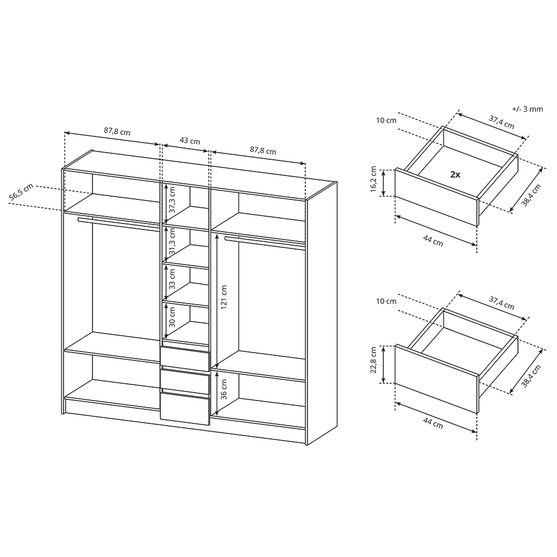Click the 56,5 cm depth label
(21, 192)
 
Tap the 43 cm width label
(190, 141)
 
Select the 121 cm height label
(223, 297)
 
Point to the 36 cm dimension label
(223, 389)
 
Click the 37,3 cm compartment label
(172, 199)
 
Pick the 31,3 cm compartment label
(172, 242)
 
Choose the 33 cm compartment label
(172, 279)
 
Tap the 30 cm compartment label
(172, 317)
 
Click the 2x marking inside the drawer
(455, 174)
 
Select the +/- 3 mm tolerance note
(527, 109)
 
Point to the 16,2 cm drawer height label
(373, 179)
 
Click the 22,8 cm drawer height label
(373, 360)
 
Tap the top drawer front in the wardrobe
(185, 359)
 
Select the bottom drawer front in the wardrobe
(185, 408)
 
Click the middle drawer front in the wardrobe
(185, 382)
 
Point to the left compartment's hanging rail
(119, 224)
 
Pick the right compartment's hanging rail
(265, 243)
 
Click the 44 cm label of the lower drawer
(433, 423)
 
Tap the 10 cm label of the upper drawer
(386, 120)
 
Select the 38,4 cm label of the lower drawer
(531, 376)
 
